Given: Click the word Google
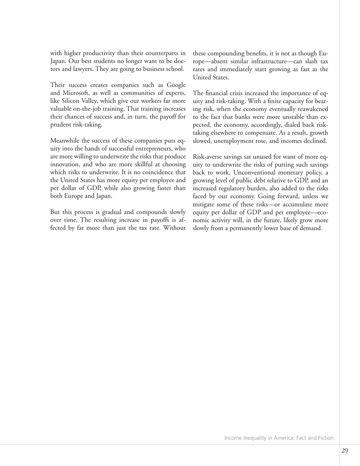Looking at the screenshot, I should click(175, 85).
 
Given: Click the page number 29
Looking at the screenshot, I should click(344, 450).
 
